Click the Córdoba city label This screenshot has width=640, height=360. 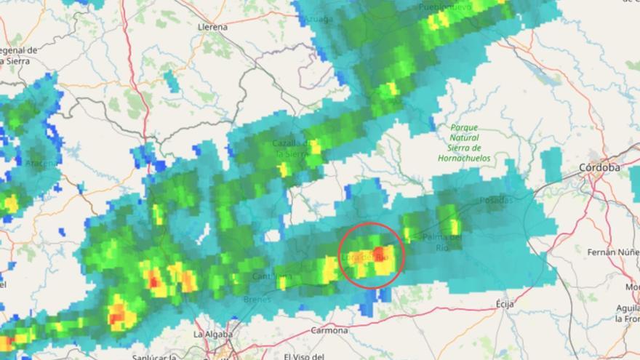point(600,167)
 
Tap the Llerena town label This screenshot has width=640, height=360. point(212,27)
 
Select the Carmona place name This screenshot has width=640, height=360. point(329,330)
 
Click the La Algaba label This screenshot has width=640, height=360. point(213,334)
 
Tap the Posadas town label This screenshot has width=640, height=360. point(496,200)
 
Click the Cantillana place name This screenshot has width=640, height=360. point(273,276)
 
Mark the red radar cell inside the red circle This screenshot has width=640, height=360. point(378,252)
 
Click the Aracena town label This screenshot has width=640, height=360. point(41,164)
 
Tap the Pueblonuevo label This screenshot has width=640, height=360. point(445,7)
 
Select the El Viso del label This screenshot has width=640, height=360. point(306,356)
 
